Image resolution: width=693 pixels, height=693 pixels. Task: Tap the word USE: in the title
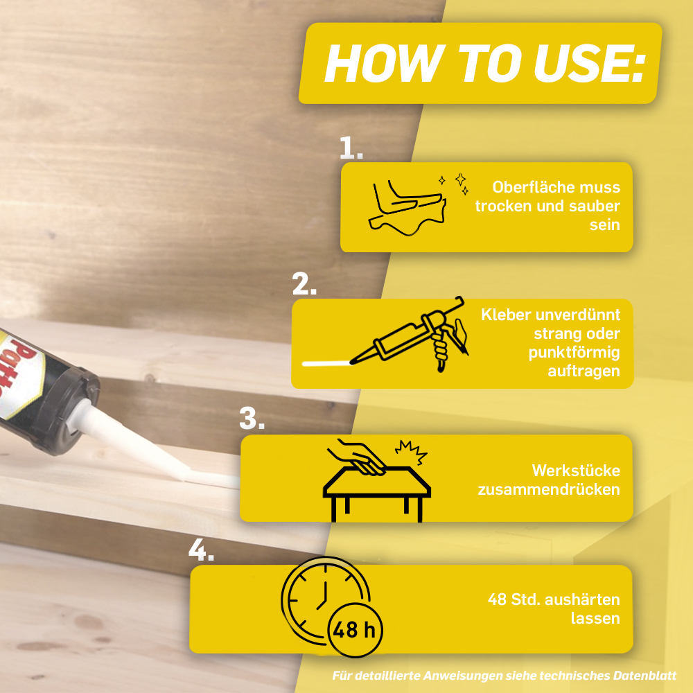point(589,63)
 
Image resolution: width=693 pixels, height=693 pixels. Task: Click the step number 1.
point(351,148)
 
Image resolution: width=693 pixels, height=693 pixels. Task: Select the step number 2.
point(304,283)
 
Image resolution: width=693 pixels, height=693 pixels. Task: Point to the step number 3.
point(252,418)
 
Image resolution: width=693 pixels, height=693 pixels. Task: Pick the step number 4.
point(201,550)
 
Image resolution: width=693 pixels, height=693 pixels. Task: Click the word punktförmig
point(574,353)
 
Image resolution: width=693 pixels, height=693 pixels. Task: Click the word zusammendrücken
point(548,489)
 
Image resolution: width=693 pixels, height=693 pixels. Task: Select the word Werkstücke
point(576,471)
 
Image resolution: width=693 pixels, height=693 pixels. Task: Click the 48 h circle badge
point(355,629)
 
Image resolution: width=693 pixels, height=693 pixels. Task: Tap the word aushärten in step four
point(582,599)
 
